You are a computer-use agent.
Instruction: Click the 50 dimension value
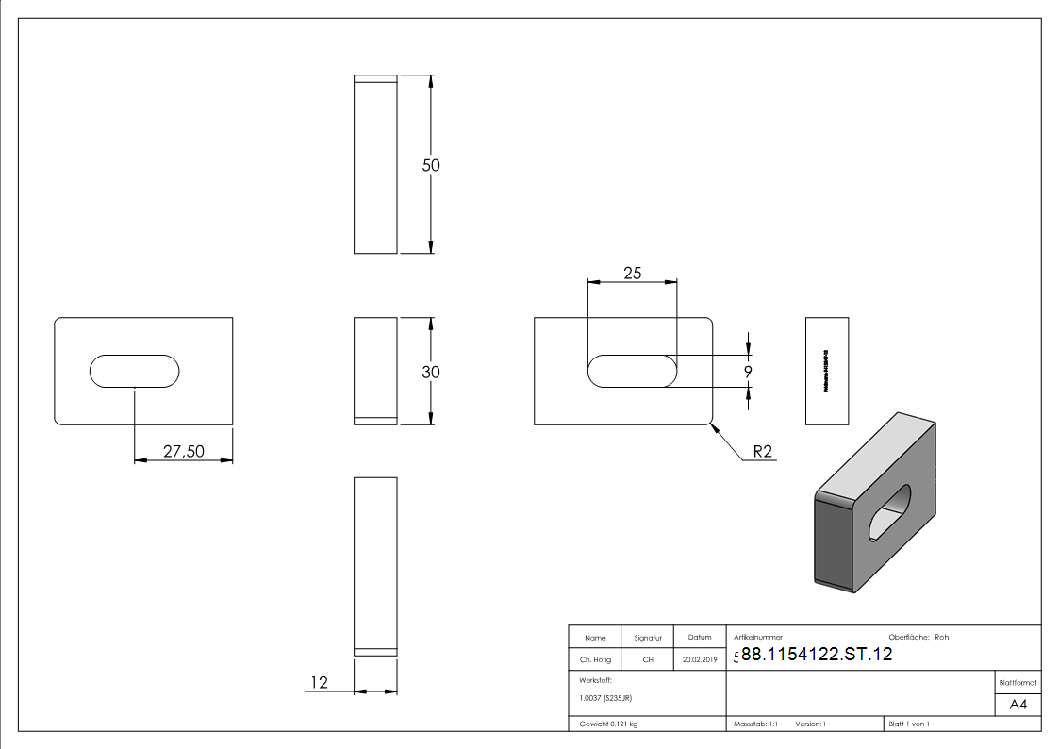[x=431, y=165]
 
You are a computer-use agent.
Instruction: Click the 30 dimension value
[x=431, y=372]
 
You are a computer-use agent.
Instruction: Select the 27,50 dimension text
[x=184, y=451]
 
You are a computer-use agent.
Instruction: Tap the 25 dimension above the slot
[x=632, y=273]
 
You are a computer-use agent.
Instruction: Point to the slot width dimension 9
[x=748, y=372]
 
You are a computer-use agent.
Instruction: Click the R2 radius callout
[x=762, y=452]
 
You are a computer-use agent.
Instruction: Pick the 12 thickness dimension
[x=320, y=681]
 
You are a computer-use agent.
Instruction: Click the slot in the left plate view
[x=135, y=371]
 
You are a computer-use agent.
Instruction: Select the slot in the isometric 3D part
[x=889, y=514]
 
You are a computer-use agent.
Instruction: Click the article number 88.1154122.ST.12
[x=817, y=655]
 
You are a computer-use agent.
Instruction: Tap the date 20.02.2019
[x=699, y=660]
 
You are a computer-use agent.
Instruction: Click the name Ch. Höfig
[x=593, y=660]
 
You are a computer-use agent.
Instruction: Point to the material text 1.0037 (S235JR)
[x=605, y=698]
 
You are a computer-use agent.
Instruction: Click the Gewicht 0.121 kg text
[x=608, y=724]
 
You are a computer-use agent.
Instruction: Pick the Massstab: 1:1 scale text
[x=755, y=724]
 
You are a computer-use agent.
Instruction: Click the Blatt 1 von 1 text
[x=909, y=724]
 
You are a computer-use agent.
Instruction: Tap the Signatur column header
[x=648, y=638]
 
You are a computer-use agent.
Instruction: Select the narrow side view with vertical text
[x=827, y=371]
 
